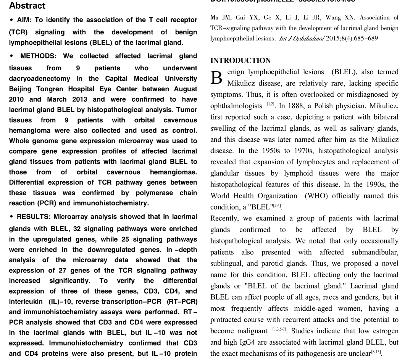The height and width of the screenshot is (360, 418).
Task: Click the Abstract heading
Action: [27, 6]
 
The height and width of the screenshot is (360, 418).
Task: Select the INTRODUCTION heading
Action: [240, 61]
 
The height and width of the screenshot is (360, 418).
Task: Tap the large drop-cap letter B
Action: [216, 78]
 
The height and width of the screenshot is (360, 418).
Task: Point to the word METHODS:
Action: [38, 56]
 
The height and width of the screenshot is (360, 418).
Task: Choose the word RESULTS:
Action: [34, 217]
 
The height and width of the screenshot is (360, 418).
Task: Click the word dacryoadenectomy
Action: [40, 79]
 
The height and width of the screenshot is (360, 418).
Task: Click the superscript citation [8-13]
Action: [376, 352]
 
